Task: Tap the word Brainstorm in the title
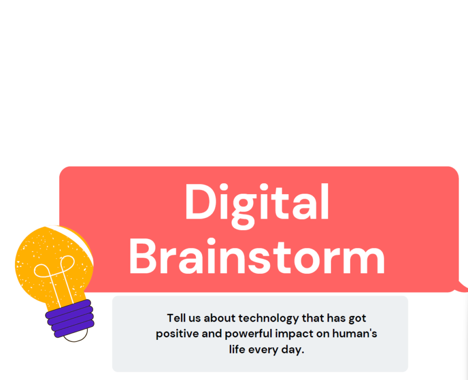(257, 256)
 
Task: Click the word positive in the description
(177, 334)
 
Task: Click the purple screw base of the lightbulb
(70, 319)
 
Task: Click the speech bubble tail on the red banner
(461, 287)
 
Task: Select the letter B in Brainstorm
(142, 256)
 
